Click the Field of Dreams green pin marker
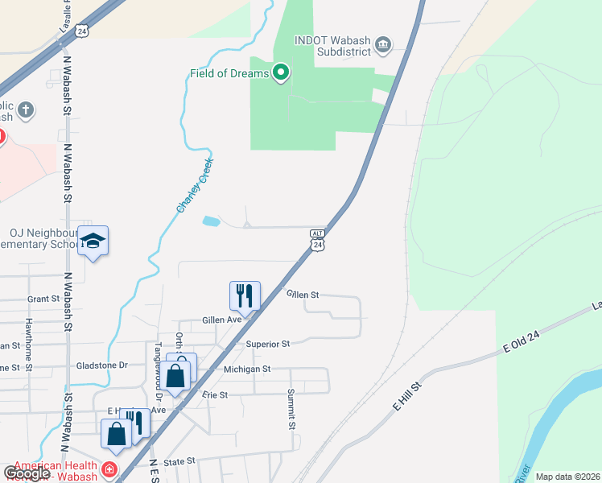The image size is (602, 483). [281, 74]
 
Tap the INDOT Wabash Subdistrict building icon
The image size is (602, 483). [383, 43]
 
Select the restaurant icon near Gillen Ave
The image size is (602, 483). [244, 296]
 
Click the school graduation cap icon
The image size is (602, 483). [93, 242]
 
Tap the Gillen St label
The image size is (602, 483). [303, 295]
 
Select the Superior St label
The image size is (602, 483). [268, 344]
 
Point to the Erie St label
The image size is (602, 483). [215, 394]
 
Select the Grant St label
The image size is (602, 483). [43, 298]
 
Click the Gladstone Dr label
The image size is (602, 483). [101, 365]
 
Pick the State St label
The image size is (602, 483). [179, 461]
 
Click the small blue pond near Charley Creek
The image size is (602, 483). [211, 221]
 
